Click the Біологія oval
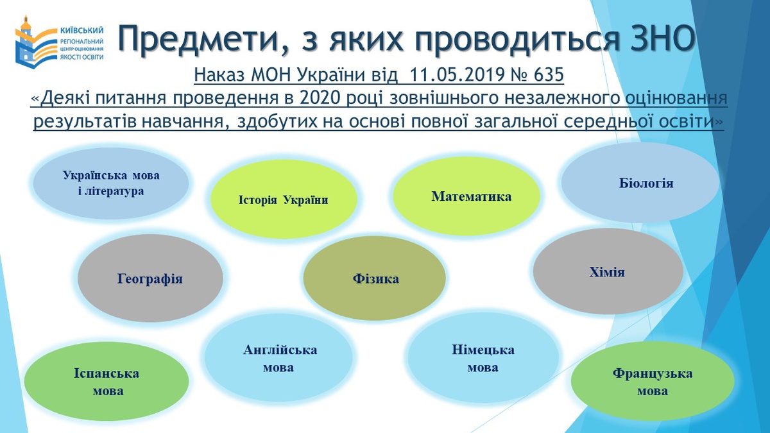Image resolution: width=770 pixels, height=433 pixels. coord(640,182)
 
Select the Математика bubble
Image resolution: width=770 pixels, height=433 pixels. coord(466,196)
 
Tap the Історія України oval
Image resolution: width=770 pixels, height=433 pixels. coord(284,199)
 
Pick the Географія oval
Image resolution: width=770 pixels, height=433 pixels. coord(150,278)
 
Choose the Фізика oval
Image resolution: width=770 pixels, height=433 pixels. coord(374,278)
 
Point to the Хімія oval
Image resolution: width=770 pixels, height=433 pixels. coord(608,271)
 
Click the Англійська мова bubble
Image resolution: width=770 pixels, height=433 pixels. coord(278,358)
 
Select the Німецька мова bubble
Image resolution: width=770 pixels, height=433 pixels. coord(483,358)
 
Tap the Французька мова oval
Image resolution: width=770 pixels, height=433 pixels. coord(653,381)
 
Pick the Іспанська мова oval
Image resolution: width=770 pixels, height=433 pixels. coord(107,381)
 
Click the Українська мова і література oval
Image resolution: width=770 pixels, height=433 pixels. coord(110,183)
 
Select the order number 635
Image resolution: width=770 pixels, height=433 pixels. coord(549,74)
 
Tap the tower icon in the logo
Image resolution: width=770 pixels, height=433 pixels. coord(25,42)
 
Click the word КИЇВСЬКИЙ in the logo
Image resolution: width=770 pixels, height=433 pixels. coord(81,31)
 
